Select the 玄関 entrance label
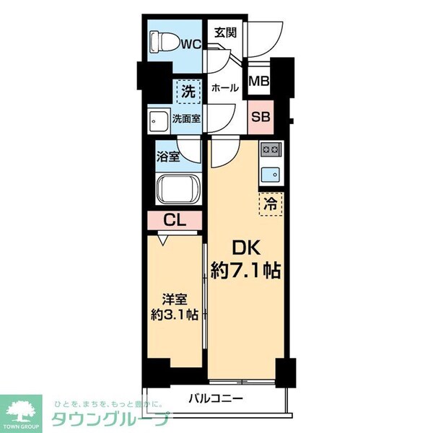(224, 32)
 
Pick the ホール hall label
(224, 88)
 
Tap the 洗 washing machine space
(187, 92)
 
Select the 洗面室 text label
(185, 119)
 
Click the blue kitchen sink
(271, 173)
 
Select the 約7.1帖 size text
(245, 271)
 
